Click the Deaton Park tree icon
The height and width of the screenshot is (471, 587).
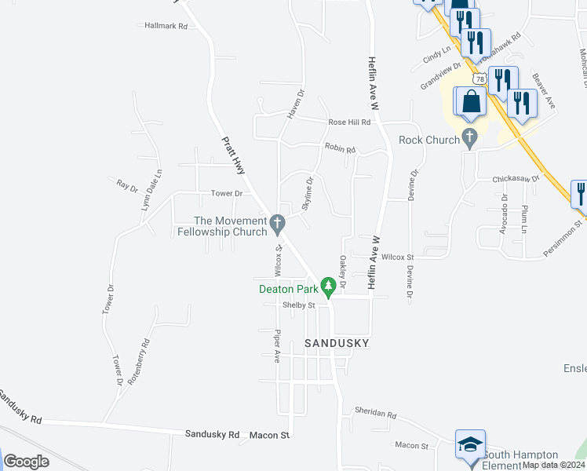[330, 285]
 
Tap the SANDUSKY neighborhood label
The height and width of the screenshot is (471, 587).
[337, 344]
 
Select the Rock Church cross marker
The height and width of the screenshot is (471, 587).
[470, 140]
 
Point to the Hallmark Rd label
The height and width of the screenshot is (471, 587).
[166, 26]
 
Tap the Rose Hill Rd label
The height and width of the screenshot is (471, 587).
[349, 122]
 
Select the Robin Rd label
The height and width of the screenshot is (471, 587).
[341, 149]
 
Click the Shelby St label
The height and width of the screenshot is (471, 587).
[299, 305]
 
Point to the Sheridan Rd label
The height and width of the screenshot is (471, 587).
[376, 415]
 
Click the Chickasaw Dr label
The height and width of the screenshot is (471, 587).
[517, 179]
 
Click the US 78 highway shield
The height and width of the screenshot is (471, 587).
[479, 79]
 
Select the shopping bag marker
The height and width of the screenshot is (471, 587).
[470, 102]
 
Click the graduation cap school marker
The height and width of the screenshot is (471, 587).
[471, 444]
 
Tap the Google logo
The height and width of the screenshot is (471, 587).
[27, 461]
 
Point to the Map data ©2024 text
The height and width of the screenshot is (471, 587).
[554, 465]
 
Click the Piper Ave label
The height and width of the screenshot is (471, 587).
[277, 346]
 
